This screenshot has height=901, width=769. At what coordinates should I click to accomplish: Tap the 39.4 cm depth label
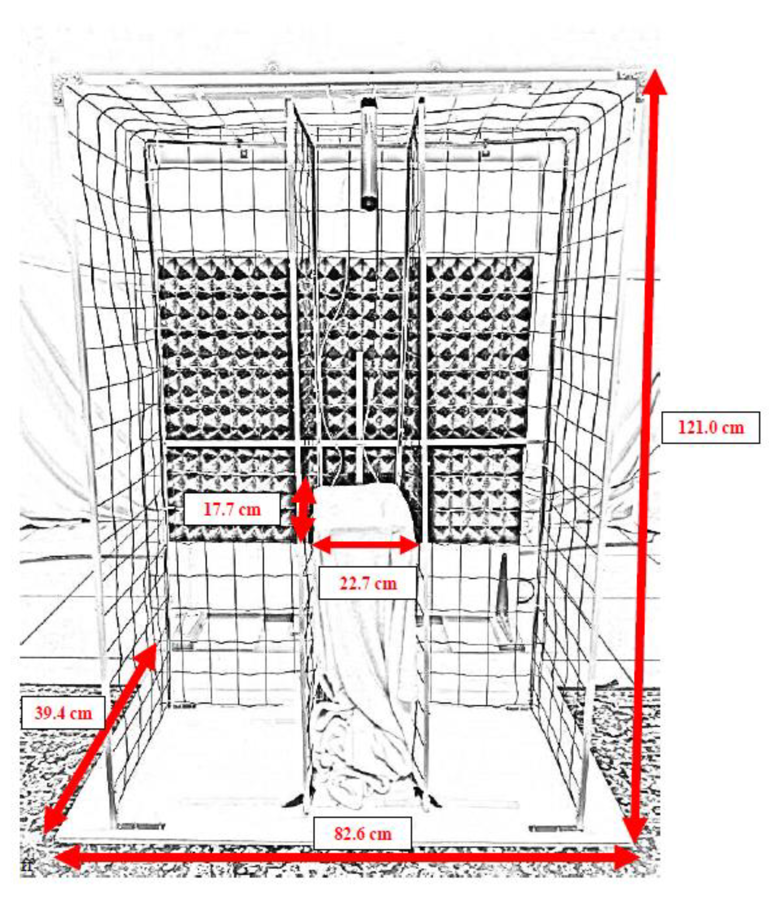click(x=63, y=713)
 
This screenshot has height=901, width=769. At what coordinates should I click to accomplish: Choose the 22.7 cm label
click(x=368, y=583)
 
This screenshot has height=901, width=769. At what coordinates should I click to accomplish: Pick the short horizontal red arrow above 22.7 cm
click(x=366, y=544)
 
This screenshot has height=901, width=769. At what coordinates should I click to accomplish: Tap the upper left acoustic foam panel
click(x=224, y=348)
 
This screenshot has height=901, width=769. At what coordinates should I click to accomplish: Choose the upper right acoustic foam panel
click(x=479, y=348)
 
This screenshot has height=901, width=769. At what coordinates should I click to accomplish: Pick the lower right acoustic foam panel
click(x=477, y=493)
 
